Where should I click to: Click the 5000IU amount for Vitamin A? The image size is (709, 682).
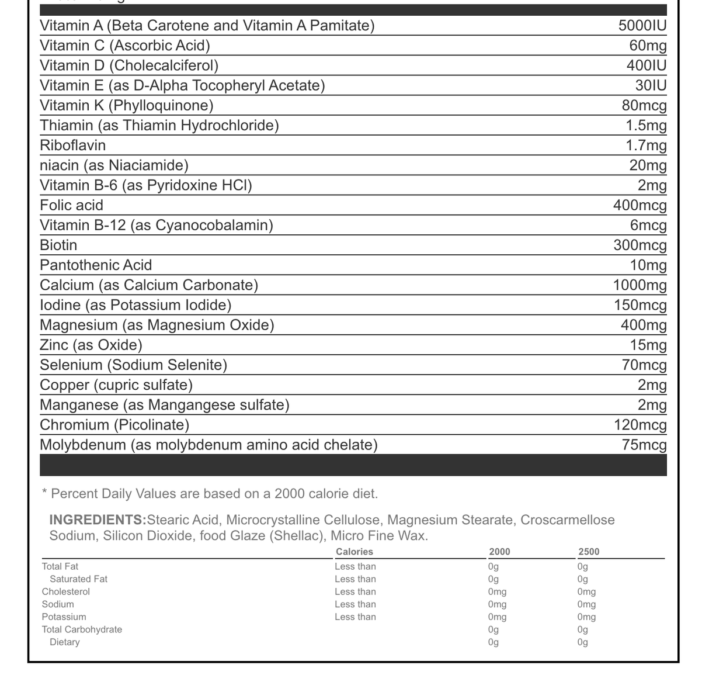pos(642,26)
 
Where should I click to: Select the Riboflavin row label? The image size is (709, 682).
pos(72,146)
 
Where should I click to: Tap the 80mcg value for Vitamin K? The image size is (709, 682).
pos(644,106)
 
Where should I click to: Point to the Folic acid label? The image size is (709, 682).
pos(71,206)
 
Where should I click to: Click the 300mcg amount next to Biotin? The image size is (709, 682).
pos(640,245)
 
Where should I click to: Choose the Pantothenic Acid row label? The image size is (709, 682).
pos(96,265)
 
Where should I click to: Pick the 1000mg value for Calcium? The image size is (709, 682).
pos(640,285)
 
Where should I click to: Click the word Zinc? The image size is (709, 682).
pos(54,345)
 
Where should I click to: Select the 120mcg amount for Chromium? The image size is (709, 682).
pos(640,425)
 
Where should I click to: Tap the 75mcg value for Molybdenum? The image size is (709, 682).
pos(644,445)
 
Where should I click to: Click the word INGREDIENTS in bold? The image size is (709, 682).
pos(98,520)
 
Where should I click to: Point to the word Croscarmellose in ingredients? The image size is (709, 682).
pos(567,520)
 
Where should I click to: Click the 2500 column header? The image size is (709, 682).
pos(589,552)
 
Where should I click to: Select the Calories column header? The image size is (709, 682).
pos(354,552)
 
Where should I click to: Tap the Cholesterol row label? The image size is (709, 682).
pos(65,592)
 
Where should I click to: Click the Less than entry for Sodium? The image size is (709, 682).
pos(355,604)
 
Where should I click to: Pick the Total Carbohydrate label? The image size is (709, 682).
pos(82,630)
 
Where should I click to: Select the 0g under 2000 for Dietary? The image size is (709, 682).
pos(493,642)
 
